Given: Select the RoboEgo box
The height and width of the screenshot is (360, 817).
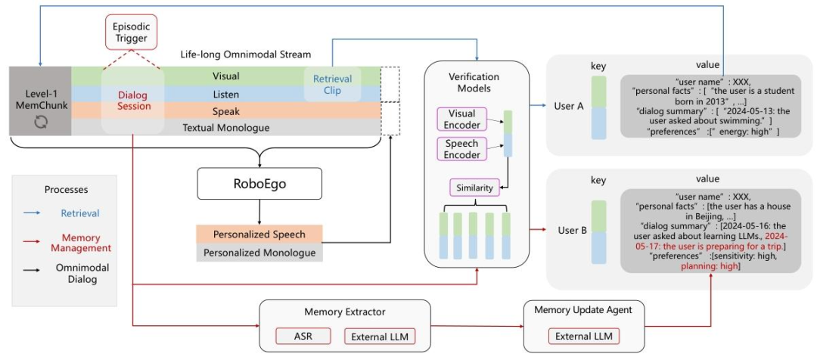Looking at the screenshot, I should point(259,185).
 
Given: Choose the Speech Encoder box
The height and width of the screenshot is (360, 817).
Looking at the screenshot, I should point(461,148).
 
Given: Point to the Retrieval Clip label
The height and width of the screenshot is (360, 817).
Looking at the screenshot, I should point(328,85).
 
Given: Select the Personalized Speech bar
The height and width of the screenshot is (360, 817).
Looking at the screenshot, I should point(259,234).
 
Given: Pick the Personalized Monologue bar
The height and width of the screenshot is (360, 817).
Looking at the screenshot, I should point(259,253).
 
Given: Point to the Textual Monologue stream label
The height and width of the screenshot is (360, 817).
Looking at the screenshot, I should point(225,128).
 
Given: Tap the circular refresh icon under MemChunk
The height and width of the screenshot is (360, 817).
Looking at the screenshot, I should point(40,120).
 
